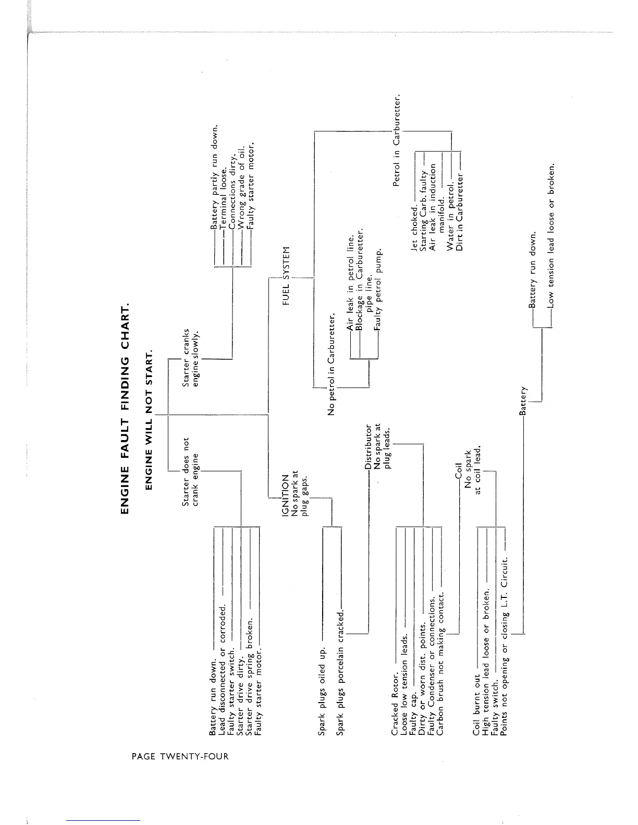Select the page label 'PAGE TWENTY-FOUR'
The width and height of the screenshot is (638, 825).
point(180,756)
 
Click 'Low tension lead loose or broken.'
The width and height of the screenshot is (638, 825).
point(551,236)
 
